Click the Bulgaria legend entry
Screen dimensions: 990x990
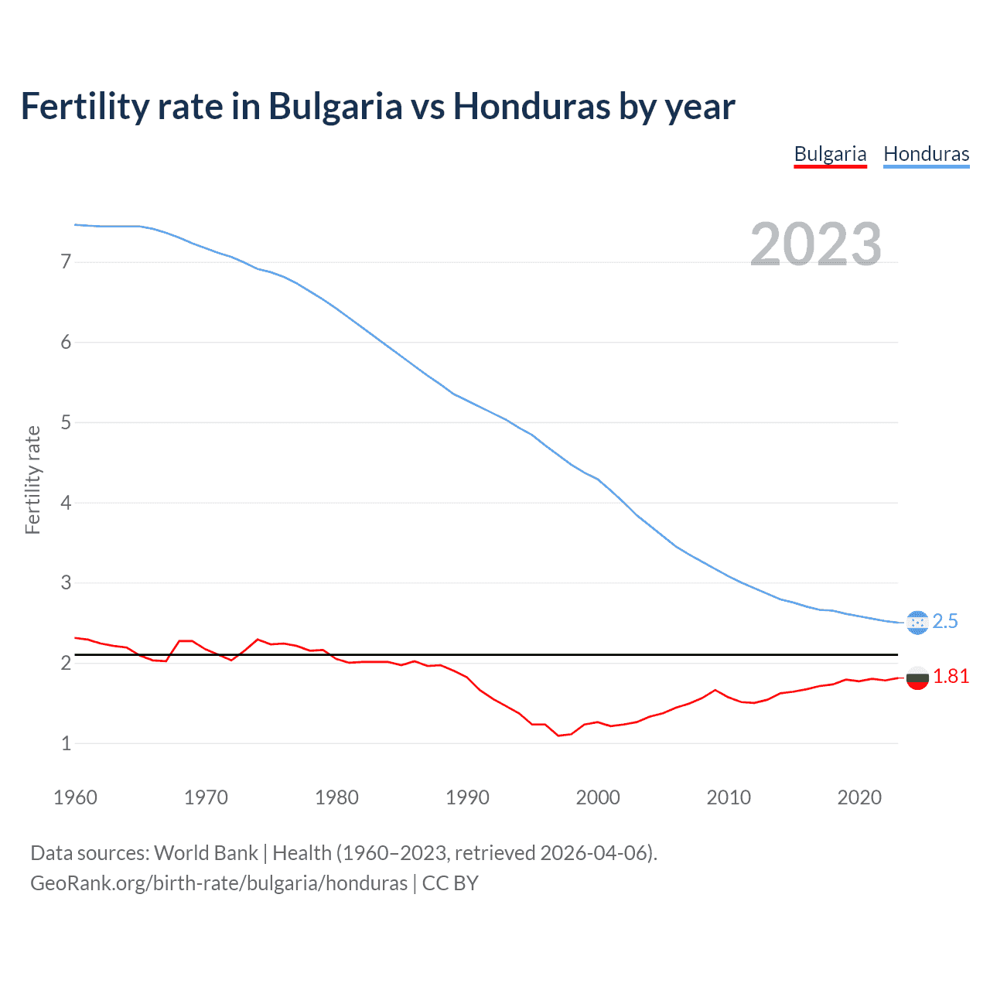(x=830, y=154)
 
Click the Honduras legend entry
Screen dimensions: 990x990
(x=926, y=154)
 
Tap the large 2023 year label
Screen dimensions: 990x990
(x=815, y=244)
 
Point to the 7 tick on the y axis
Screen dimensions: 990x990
(x=66, y=262)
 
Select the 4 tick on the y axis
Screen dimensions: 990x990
(x=66, y=503)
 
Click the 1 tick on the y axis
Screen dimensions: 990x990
(x=66, y=743)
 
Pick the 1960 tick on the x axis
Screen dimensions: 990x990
(x=75, y=797)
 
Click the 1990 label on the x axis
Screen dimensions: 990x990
(x=467, y=797)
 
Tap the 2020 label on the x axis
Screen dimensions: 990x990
(x=859, y=797)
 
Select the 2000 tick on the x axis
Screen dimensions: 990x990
(x=598, y=797)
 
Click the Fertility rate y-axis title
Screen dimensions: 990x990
(x=32, y=480)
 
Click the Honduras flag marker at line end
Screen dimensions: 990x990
(x=917, y=623)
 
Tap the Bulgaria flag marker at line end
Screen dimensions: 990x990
(x=917, y=678)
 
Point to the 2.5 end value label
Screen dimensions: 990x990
(x=945, y=622)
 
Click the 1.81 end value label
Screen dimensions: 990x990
(x=951, y=677)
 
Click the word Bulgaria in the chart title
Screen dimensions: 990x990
(x=335, y=107)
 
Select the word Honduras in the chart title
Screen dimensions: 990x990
(x=532, y=107)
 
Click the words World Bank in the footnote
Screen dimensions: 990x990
(x=206, y=853)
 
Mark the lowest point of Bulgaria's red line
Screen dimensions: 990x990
(x=558, y=736)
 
